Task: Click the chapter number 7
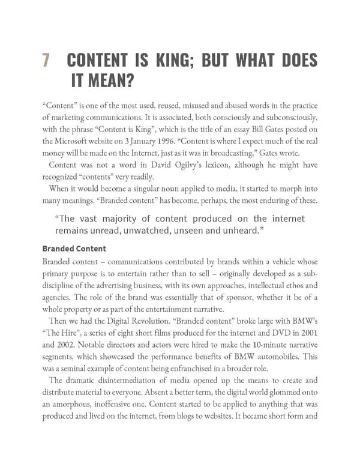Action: click(x=46, y=61)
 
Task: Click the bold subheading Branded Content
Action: click(x=74, y=248)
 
